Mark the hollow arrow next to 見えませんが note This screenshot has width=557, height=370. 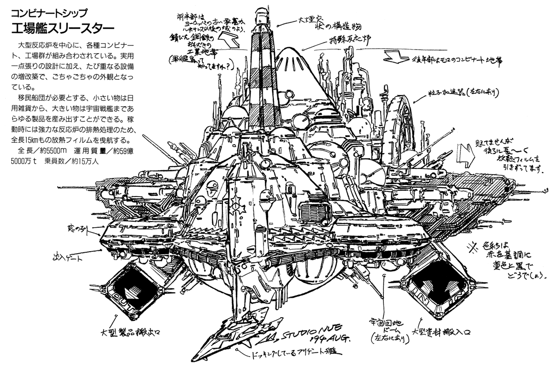(464, 155)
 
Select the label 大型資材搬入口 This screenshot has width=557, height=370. (443, 332)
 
